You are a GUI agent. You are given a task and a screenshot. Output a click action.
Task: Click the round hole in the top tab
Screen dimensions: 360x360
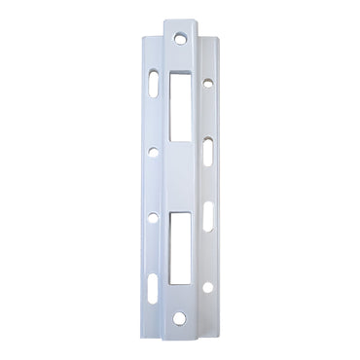(x=181, y=39)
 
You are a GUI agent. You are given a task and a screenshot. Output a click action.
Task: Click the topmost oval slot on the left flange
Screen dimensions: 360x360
(x=155, y=85)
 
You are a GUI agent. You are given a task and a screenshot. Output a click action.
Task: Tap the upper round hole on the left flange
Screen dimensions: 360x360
(x=154, y=152)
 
